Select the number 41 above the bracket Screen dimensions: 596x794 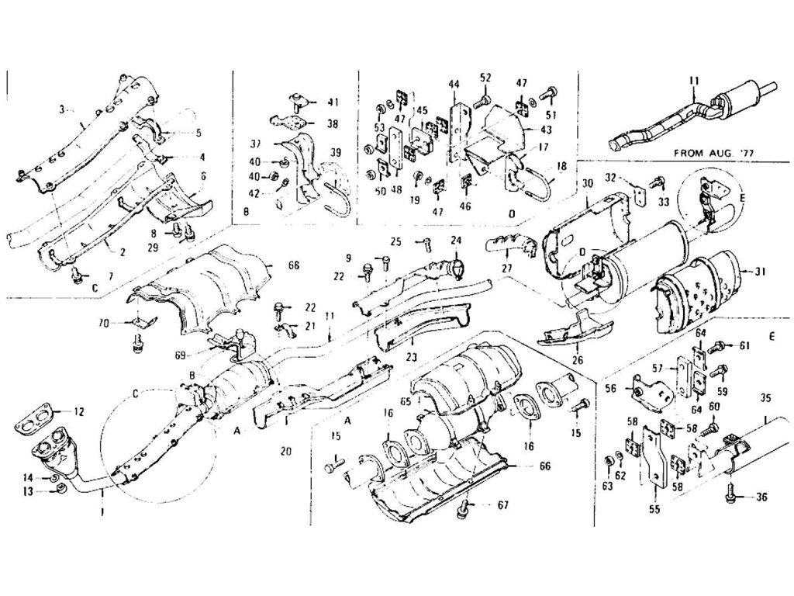coord(333,102)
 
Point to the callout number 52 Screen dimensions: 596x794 coord(485,78)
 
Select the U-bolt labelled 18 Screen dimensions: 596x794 coord(537,185)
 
